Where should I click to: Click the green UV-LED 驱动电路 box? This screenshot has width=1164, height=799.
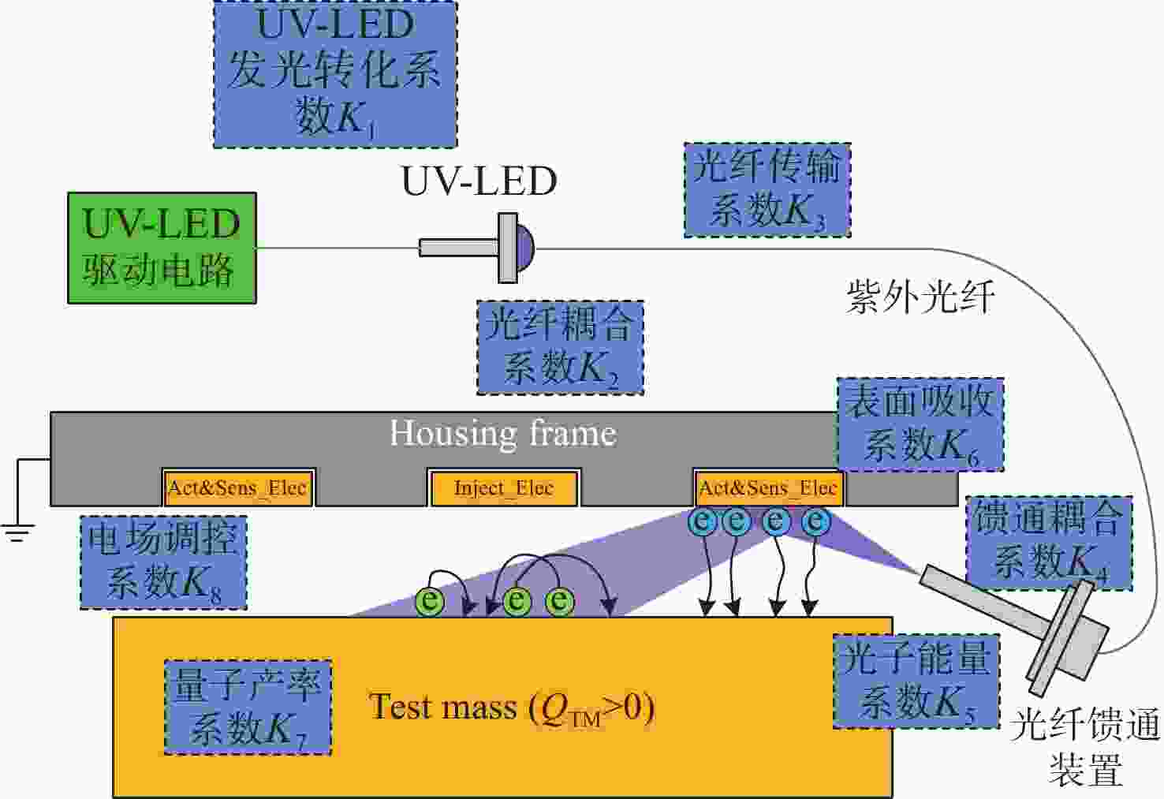coord(162,248)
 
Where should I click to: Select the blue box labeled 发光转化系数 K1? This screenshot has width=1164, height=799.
coord(336,74)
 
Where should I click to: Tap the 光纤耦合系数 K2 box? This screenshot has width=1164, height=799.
coord(560,347)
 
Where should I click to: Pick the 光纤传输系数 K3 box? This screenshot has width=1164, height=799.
coord(767,190)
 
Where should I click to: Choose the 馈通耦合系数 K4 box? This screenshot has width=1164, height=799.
coord(1049,543)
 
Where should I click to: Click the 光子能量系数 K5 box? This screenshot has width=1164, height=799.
coord(916,681)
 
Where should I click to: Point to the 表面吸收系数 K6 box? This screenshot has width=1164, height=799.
coord(920,424)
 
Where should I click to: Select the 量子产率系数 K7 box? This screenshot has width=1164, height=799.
coord(248,707)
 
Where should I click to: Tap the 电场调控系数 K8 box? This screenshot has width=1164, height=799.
coord(164,562)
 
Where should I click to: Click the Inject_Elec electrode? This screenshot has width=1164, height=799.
coord(504,487)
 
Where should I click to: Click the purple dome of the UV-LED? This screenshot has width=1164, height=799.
coord(525,248)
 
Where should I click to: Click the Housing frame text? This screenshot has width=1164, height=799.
coord(504,432)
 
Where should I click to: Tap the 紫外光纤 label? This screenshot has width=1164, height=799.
coord(921,297)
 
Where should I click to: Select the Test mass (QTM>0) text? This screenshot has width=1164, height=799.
coord(512,708)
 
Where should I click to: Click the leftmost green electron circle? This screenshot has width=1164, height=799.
coord(430,601)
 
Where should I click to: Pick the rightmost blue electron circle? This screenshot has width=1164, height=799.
coord(816,521)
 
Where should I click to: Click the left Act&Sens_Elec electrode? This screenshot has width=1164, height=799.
coord(238,487)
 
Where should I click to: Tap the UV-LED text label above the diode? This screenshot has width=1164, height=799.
coord(479,181)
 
